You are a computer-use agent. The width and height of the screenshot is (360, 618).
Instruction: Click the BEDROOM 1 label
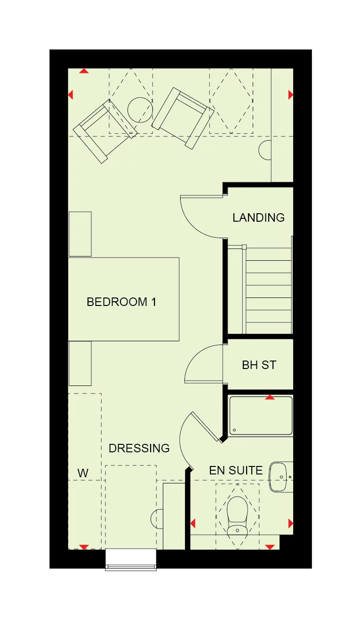coord(121,302)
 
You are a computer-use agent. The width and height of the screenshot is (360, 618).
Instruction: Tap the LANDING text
coord(258,217)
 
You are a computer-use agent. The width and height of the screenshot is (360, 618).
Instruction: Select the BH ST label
coord(259,365)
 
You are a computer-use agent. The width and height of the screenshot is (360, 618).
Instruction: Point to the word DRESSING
coord(139,448)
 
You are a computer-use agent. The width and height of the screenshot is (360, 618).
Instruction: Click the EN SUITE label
coord(236,470)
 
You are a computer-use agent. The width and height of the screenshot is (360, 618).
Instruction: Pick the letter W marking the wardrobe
coord(83,473)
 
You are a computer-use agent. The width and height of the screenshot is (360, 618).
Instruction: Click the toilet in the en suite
coord(237,516)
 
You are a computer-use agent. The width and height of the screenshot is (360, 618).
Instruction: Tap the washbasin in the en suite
coord(280,477)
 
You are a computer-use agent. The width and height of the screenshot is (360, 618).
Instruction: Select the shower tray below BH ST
coord(261,416)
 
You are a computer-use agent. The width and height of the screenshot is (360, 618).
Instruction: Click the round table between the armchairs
coord(140,110)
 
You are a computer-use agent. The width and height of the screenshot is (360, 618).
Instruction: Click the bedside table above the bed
coord(80,234)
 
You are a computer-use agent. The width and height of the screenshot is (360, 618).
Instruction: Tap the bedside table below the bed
coord(80,363)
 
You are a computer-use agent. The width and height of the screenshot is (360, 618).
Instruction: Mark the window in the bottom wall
coord(130,560)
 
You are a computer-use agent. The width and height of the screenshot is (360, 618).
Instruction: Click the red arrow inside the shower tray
coord(270,398)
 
